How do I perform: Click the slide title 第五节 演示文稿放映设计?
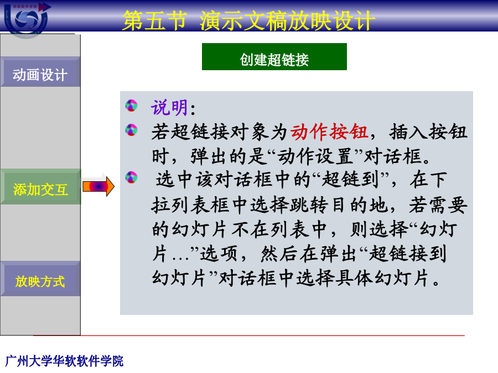click(x=248, y=20)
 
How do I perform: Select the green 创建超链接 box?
click(x=274, y=57)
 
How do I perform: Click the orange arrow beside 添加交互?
click(x=98, y=187)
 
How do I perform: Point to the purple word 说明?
click(x=169, y=108)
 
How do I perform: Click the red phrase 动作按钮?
click(x=329, y=132)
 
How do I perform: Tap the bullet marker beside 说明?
click(x=132, y=106)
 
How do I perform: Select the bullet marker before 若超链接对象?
click(x=132, y=130)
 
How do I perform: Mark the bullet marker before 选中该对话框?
click(x=132, y=177)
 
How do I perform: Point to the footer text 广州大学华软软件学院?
click(x=65, y=361)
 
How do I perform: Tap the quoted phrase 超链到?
click(x=350, y=180)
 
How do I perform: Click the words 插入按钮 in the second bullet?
click(x=428, y=132)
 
